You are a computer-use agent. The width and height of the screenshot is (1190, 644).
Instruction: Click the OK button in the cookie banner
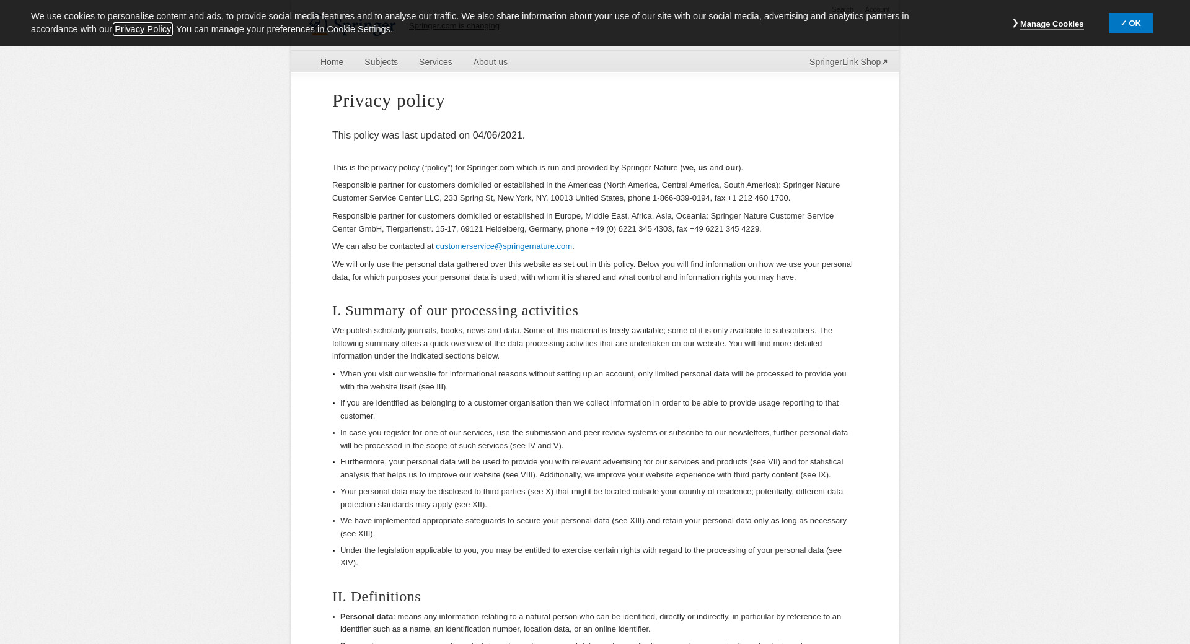[x=1130, y=24]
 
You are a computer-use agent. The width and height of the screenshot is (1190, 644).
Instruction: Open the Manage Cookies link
[x=1051, y=24]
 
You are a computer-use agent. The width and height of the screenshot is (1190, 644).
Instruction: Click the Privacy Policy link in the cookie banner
[x=143, y=29]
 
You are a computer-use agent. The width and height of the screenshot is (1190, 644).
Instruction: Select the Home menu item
[x=332, y=62]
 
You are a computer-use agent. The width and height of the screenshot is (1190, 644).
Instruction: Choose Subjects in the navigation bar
[x=381, y=62]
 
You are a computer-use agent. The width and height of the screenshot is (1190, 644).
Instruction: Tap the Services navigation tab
[x=435, y=62]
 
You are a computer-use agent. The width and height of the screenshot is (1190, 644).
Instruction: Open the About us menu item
[x=490, y=62]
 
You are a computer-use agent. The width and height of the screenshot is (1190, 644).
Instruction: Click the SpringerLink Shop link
[x=848, y=62]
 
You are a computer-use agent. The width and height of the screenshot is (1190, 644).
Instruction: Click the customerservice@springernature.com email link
[x=503, y=246]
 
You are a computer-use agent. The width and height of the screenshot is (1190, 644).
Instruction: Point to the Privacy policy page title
[x=389, y=100]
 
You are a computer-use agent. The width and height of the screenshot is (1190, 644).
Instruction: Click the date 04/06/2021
[x=497, y=136]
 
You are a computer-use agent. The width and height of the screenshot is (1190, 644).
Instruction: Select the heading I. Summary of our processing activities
[x=455, y=311]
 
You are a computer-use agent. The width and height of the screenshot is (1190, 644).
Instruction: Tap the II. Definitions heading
[x=376, y=597]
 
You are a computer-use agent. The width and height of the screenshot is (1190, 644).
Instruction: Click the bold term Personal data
[x=366, y=617]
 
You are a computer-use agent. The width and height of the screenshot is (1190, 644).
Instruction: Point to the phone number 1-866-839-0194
[x=681, y=198]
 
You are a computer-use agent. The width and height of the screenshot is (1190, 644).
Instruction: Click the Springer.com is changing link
[x=454, y=26]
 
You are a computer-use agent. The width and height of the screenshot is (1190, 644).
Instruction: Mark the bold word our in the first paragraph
[x=731, y=168]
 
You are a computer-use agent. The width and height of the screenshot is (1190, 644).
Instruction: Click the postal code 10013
[x=562, y=198]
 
